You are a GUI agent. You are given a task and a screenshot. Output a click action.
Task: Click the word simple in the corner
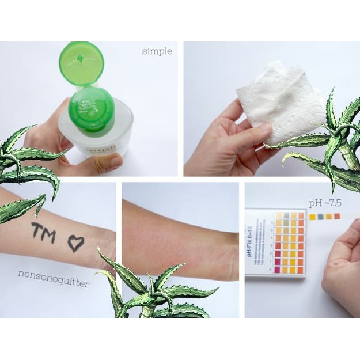pos(157,51)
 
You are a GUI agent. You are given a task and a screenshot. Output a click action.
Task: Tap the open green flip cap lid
pos(81,63)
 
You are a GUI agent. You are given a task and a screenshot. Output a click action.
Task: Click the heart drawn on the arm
pos(75,243)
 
